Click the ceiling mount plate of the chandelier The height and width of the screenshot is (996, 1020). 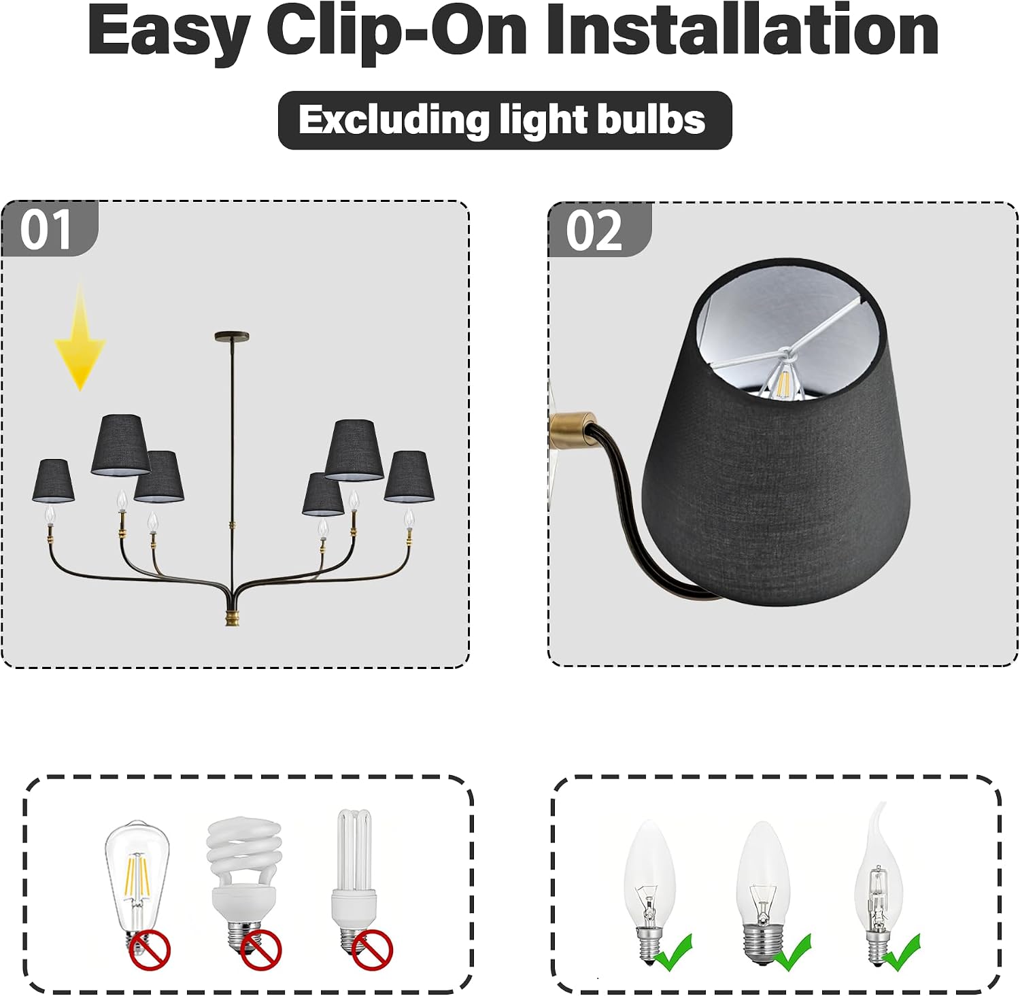(x=232, y=337)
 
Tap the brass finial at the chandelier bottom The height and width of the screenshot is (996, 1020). (x=233, y=618)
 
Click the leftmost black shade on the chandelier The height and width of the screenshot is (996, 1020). (x=53, y=481)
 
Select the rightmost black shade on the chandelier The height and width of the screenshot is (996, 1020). (x=409, y=477)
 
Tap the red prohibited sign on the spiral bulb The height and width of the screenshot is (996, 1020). (x=261, y=950)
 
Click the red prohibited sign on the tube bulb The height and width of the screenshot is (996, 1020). (x=373, y=950)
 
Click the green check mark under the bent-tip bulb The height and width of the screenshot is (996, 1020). (x=902, y=952)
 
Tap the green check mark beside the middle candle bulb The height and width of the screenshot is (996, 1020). (x=793, y=952)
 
